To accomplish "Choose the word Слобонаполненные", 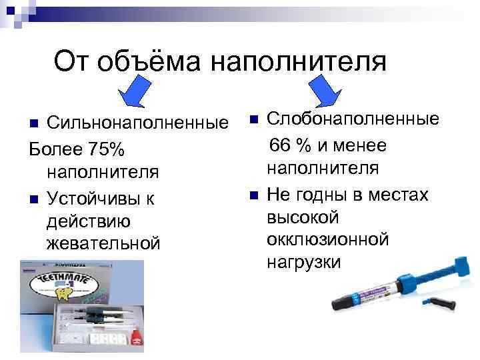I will tap(353, 119).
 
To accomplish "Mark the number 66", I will tap(281, 145).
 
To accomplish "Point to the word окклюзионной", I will tap(327, 239).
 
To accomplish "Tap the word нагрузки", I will tap(303, 262).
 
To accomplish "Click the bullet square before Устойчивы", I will tap(33, 198).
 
